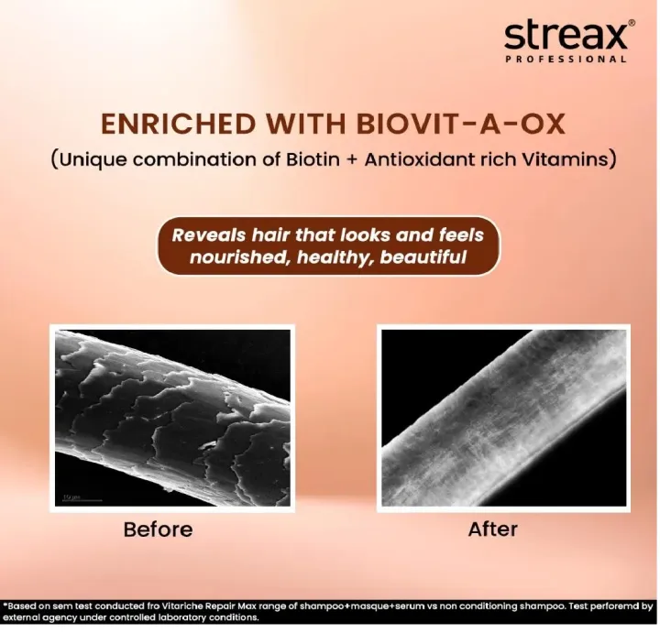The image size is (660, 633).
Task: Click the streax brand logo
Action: tap(565, 36)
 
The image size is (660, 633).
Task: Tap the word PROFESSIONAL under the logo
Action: tap(566, 59)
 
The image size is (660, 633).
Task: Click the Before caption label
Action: tap(159, 529)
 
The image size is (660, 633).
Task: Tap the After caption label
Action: tap(493, 529)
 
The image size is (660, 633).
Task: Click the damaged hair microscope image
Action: tap(173, 420)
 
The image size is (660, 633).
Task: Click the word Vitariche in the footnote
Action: tap(194, 606)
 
